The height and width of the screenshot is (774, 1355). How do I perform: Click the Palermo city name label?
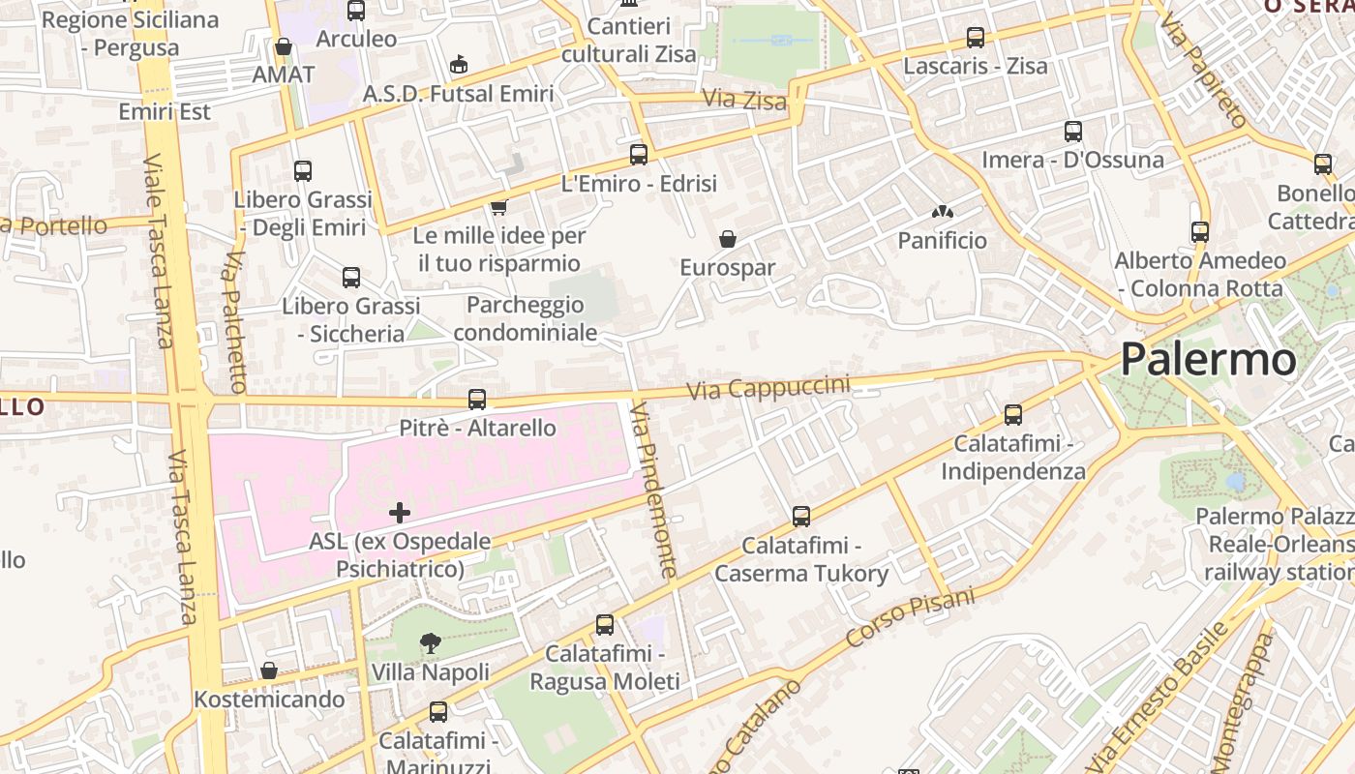click(1208, 360)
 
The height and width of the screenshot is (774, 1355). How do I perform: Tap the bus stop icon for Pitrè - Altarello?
click(476, 399)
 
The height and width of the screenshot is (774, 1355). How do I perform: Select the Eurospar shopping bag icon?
click(728, 239)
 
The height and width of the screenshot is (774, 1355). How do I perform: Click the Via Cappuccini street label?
click(768, 388)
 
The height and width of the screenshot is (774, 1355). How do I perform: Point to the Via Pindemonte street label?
click(652, 491)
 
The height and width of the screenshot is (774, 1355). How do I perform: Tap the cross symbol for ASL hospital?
click(399, 513)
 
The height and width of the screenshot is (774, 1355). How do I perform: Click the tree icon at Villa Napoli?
click(431, 643)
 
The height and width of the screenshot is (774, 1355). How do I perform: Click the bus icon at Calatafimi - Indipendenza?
click(1013, 415)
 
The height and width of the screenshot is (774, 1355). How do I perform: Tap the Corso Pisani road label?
click(910, 618)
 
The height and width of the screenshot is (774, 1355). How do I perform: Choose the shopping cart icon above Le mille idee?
click(499, 207)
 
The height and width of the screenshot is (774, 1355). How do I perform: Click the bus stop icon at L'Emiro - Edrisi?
click(639, 154)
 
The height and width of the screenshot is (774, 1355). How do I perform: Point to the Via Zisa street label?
click(744, 100)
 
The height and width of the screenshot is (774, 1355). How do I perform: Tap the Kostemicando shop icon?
click(269, 670)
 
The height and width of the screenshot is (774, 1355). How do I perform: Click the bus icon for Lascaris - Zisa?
click(976, 38)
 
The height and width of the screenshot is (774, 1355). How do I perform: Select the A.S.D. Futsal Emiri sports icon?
click(459, 65)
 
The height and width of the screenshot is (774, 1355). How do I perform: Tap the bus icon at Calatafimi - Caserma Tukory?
click(801, 517)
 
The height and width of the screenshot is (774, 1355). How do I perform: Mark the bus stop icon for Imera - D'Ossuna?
click(1073, 132)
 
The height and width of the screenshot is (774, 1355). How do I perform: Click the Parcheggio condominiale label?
click(525, 318)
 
